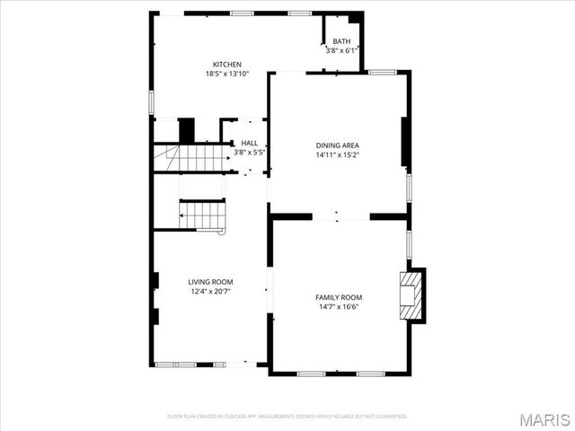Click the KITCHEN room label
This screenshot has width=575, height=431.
pos(226,64)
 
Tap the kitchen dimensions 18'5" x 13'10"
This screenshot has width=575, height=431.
pos(226,74)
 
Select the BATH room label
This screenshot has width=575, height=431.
pos(341,41)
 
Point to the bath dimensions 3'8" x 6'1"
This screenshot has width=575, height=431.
pos(341,50)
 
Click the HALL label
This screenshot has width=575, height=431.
pos(249,143)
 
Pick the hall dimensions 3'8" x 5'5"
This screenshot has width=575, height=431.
pos(249,153)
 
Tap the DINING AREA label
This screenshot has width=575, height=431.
pos(338,145)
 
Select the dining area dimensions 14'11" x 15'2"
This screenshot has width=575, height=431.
pos(338,154)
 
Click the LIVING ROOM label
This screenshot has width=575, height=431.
pos(210,282)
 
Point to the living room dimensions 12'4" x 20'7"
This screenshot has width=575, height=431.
pos(210,292)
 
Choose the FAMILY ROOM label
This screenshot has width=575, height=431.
pos(338,297)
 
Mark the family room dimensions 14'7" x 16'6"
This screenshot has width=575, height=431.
pos(338,307)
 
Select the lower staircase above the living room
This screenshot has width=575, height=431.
pos(202,215)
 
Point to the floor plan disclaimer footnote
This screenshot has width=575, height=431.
pos(287,417)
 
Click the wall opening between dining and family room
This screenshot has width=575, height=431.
pos(341,216)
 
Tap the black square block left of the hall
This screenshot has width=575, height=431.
pos(187,130)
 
